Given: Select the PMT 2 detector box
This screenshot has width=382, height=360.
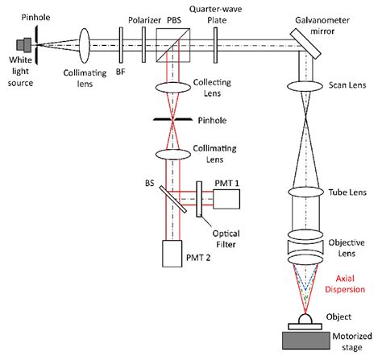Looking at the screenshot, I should (x=174, y=254).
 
